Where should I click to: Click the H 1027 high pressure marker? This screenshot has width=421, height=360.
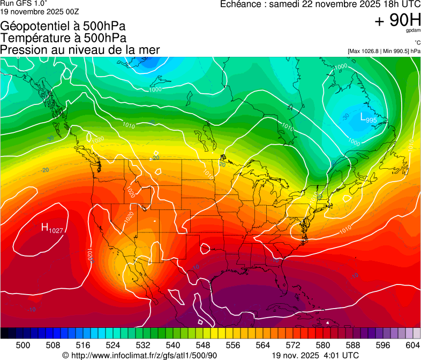(52, 228)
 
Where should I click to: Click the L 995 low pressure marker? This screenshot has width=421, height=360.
(368, 118)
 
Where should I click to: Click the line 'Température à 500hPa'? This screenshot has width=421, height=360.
(63, 37)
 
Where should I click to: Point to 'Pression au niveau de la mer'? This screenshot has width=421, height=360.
(80, 49)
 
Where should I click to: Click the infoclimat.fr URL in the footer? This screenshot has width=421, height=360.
(144, 355)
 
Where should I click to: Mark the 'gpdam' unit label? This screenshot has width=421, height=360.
(413, 31)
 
